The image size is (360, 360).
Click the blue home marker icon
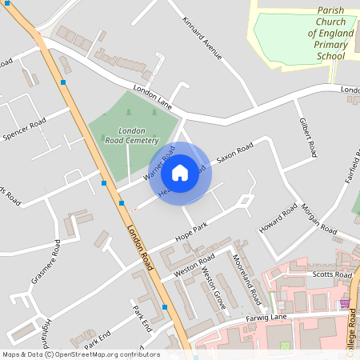180,173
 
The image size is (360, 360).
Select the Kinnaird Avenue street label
201,38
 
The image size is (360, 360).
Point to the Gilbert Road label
308,137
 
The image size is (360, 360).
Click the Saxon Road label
234,153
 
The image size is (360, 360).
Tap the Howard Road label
278,219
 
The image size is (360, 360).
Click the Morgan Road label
318,217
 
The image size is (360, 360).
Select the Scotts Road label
332,274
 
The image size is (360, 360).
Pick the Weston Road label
194,268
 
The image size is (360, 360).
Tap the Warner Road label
159,163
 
